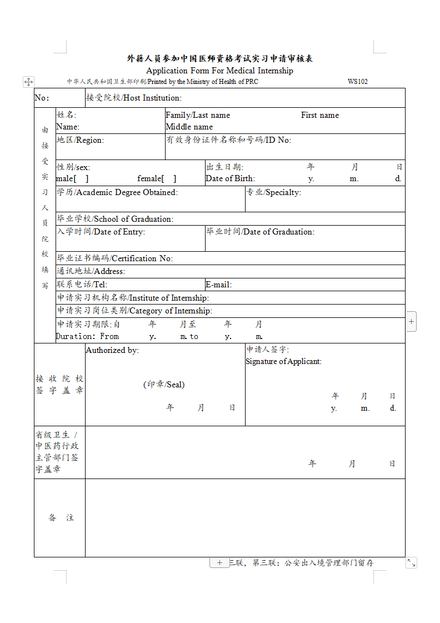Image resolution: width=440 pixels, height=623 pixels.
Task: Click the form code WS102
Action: point(357,82)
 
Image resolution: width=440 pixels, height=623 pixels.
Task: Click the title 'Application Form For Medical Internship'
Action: point(219,71)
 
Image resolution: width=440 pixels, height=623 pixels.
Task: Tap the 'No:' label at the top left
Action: point(42,98)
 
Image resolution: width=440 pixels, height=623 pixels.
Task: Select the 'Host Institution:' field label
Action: point(152,98)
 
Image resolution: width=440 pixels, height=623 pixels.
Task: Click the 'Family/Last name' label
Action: point(198,115)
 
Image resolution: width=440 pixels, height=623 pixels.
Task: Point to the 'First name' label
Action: point(320,115)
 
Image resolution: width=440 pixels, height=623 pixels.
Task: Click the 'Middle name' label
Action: point(189,127)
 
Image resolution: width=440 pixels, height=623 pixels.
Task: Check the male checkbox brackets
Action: point(81,178)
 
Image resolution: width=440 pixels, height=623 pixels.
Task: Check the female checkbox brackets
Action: point(168,178)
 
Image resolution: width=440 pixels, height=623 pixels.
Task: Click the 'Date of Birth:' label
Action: point(230,178)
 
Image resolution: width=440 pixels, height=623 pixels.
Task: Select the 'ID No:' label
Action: point(277,140)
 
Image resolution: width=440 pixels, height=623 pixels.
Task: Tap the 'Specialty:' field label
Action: point(283,192)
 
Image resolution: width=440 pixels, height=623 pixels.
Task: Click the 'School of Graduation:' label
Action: point(134,219)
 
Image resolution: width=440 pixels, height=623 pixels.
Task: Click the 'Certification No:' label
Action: point(142,258)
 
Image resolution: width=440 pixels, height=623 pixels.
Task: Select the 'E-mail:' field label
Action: point(218,285)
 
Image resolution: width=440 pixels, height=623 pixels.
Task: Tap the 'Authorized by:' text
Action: point(112,350)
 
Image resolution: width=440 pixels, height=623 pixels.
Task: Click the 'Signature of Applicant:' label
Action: point(283,361)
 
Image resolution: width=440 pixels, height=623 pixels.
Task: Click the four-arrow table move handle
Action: point(28,82)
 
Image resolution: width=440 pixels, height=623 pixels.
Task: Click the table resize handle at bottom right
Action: point(411,563)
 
